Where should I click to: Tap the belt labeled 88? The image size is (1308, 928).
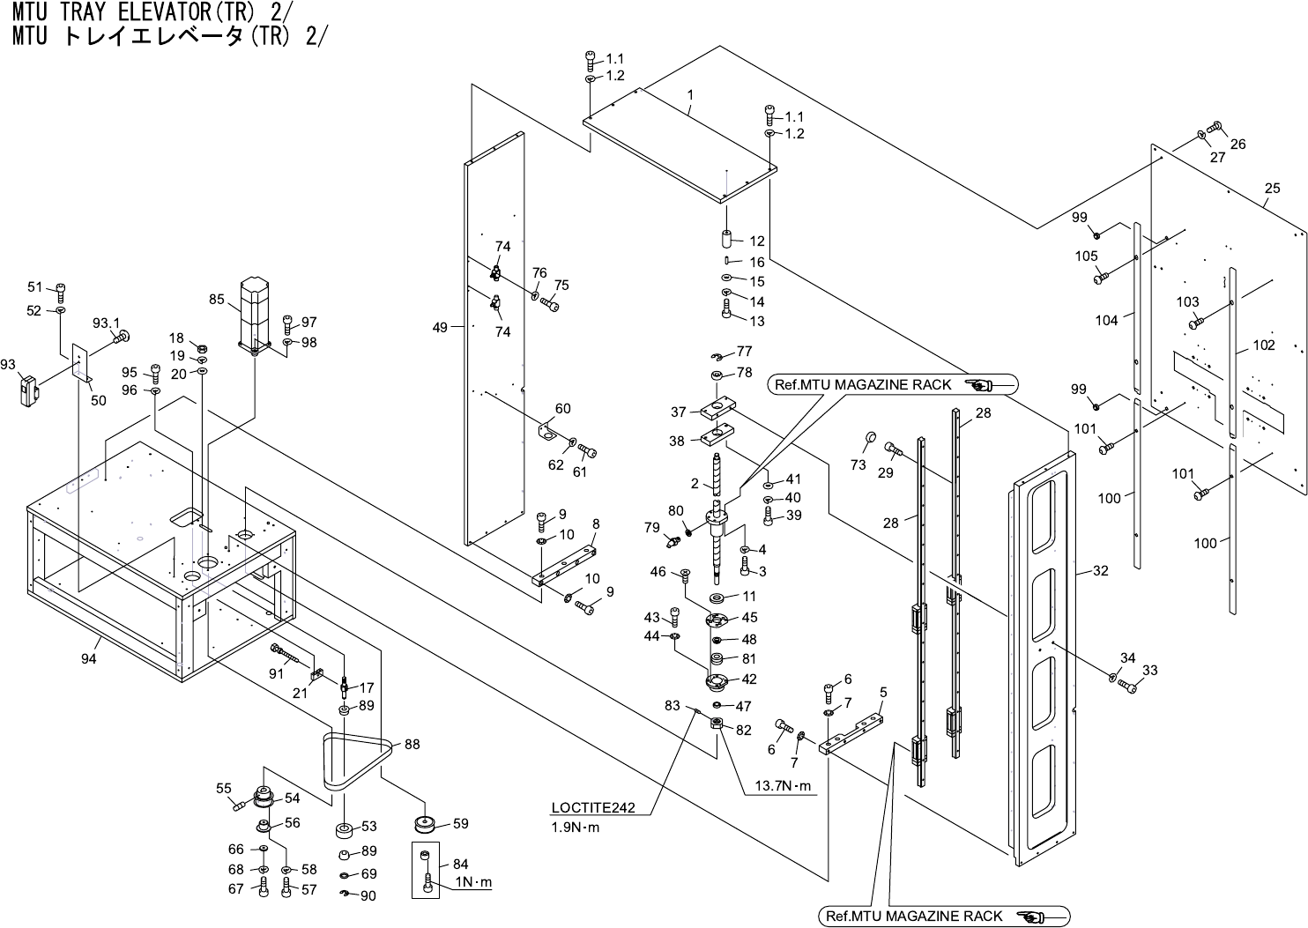[356, 760]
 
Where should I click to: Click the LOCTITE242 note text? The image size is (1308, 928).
[593, 808]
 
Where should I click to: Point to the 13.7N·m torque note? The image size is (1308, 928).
[782, 787]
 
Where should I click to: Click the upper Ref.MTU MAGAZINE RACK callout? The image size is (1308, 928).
[892, 384]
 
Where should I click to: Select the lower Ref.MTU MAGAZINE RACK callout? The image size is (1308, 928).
[943, 917]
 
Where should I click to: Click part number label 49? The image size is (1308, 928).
[440, 328]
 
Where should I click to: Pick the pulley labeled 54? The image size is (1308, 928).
[264, 797]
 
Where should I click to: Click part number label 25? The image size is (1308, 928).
[1272, 189]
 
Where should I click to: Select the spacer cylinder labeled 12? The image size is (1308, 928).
[728, 239]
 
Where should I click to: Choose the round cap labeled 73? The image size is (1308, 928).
[868, 438]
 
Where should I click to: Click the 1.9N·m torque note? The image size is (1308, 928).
[575, 828]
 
